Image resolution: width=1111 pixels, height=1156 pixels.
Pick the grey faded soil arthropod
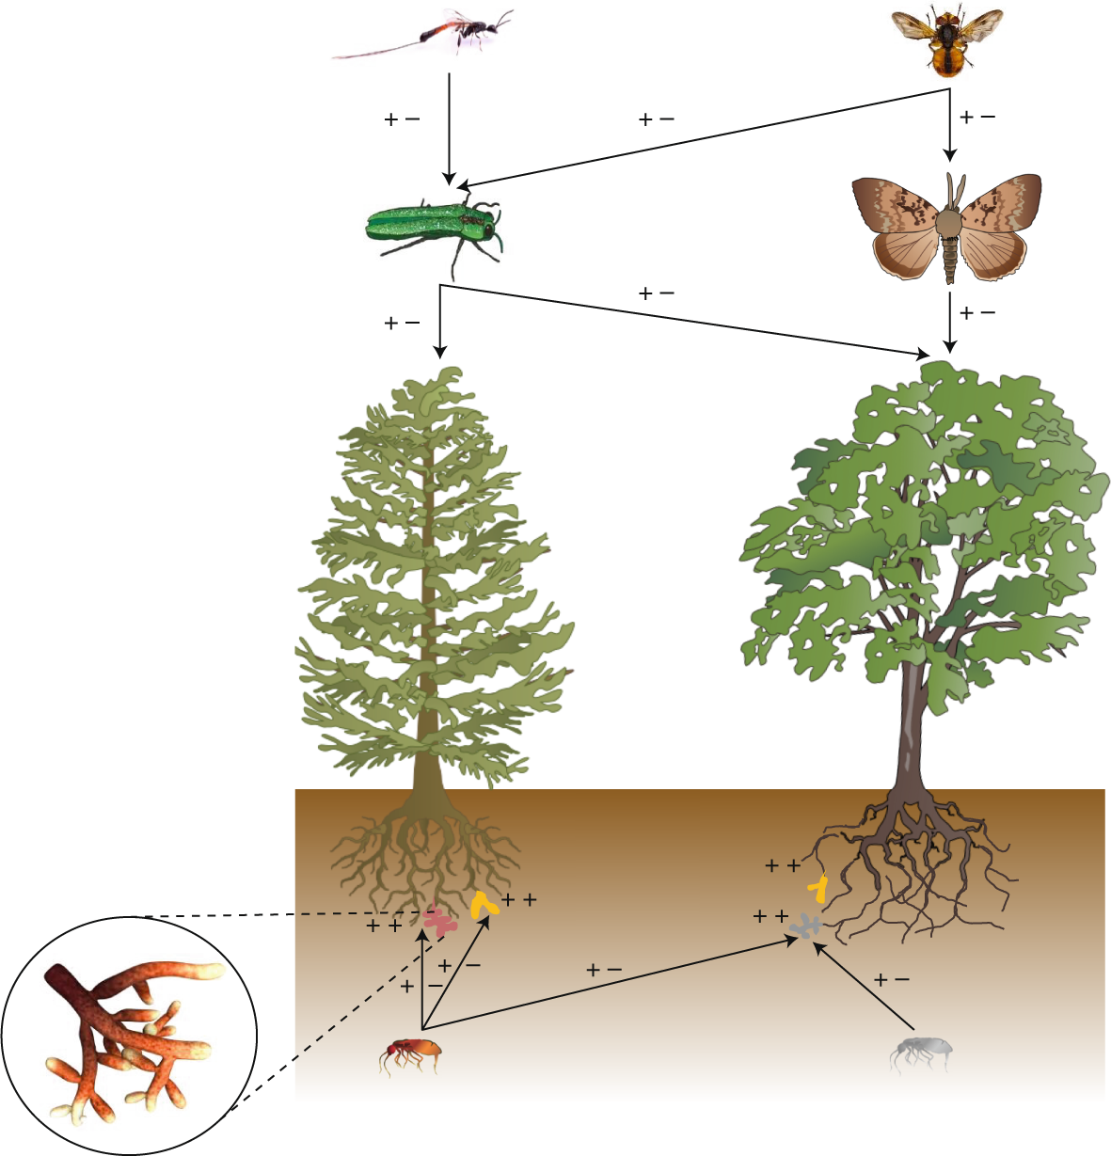point(922,1052)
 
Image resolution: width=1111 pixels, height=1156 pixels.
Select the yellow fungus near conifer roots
point(484,906)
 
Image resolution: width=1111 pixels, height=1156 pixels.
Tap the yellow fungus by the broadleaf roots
point(818,888)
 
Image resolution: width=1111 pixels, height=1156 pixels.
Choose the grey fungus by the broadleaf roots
point(804,927)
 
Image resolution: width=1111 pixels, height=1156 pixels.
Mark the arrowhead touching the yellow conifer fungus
point(488,922)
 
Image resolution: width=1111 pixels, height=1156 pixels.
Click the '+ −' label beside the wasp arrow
point(403,120)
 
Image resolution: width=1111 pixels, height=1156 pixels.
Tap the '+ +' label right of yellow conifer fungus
point(519,900)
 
